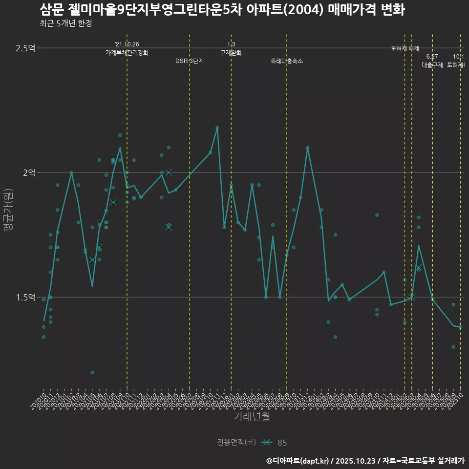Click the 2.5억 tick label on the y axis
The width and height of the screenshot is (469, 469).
(25, 48)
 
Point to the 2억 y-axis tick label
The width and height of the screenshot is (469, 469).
(28, 172)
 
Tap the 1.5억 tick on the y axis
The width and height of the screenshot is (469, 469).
(25, 297)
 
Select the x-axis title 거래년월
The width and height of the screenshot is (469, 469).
(252, 417)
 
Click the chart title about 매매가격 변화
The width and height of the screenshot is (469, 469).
(222, 10)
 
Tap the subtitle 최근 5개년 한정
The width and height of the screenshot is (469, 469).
(65, 23)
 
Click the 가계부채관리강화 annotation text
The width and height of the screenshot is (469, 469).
(127, 53)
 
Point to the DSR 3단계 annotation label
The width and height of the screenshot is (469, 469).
(190, 61)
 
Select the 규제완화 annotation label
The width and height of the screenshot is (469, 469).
(231, 53)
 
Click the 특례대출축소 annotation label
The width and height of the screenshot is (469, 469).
(287, 61)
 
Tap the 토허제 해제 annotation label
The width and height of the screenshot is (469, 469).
(405, 48)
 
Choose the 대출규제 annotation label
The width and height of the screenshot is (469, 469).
(432, 65)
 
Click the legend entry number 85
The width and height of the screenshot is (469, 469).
(282, 443)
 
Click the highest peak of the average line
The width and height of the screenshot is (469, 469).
(217, 128)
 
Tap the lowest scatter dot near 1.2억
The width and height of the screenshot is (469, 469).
(92, 372)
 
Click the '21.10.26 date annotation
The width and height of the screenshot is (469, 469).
(127, 44)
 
